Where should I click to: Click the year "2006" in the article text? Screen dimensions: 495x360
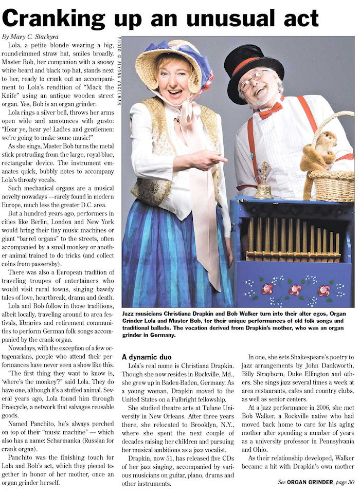click(328, 426)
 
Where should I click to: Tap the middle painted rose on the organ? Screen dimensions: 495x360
click(295, 289)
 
